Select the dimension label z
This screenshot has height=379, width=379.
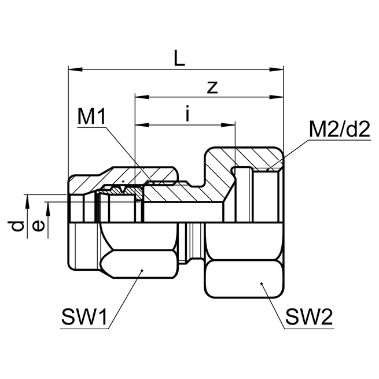pyautogui.click(x=212, y=87)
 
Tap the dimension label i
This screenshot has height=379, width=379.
pyautogui.click(x=186, y=115)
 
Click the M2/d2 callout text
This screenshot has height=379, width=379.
pyautogui.click(x=339, y=130)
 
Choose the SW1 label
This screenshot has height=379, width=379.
pyautogui.click(x=84, y=317)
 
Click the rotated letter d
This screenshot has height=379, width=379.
pyautogui.click(x=19, y=226)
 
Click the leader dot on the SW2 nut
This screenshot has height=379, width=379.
pyautogui.click(x=262, y=284)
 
